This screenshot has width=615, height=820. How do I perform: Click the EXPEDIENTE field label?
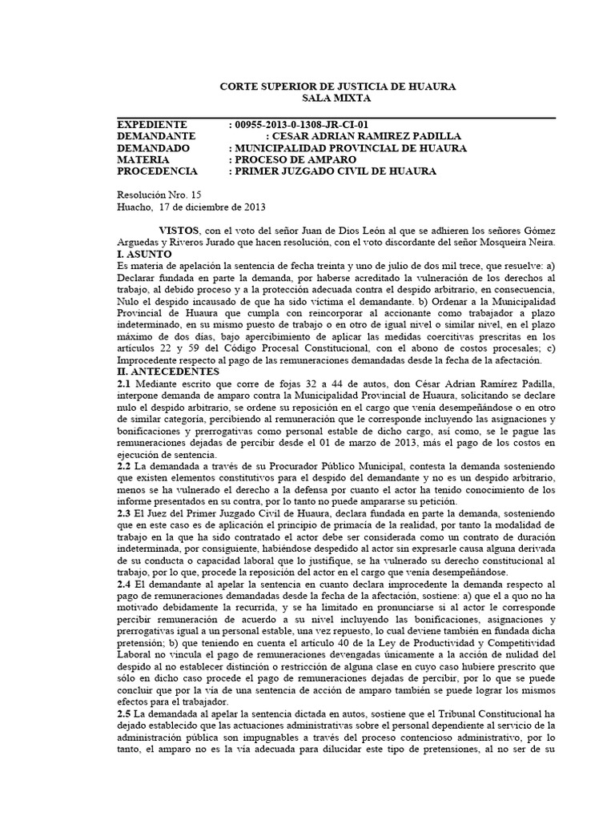[151, 125]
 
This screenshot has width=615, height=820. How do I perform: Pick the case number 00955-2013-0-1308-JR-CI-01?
[299, 125]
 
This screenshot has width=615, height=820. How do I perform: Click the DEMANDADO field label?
[153, 148]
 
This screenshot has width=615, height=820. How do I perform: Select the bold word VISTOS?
[180, 230]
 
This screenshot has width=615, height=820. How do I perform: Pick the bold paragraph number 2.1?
[124, 384]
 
